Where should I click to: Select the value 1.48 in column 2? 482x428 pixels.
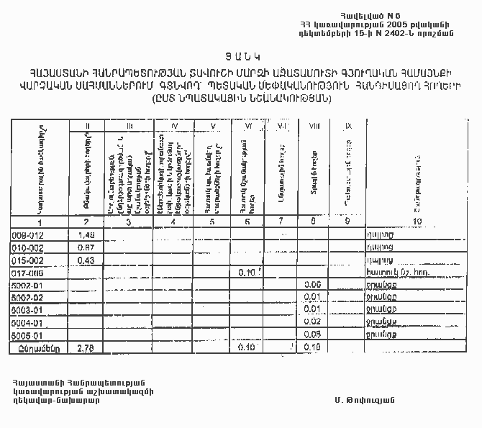click(x=86, y=235)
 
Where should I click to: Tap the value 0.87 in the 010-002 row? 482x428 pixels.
click(x=86, y=247)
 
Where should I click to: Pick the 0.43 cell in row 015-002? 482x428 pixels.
click(x=86, y=260)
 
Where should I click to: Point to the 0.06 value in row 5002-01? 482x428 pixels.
click(x=312, y=285)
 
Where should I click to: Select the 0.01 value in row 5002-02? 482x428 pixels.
click(x=312, y=297)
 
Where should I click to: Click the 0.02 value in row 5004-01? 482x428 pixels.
click(x=312, y=322)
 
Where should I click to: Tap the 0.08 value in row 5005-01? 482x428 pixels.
click(x=312, y=334)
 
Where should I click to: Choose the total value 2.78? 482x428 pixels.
click(x=86, y=347)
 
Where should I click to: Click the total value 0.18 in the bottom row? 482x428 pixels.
click(x=312, y=347)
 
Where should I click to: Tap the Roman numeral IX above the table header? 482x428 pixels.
click(x=348, y=127)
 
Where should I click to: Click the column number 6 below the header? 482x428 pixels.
click(x=247, y=222)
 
